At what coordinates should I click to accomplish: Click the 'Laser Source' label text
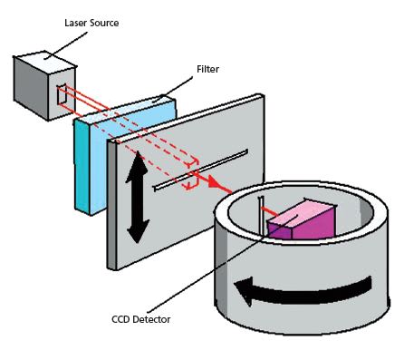91,23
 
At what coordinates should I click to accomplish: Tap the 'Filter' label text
207,69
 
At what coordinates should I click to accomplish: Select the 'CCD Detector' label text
141,319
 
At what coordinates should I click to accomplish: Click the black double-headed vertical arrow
138,197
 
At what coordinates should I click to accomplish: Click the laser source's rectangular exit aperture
62,94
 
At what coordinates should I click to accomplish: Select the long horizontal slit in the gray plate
201,170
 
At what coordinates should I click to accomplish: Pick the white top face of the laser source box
44,60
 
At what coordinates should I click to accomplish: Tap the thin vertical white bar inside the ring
262,216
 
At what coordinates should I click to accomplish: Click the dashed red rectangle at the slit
192,174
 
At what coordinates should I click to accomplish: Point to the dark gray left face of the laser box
31,88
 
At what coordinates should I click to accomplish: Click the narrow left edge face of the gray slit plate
111,205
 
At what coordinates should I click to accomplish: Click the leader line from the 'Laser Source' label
65,44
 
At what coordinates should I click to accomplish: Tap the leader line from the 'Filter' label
173,89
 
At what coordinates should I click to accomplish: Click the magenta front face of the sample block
314,224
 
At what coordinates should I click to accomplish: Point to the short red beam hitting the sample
269,211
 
